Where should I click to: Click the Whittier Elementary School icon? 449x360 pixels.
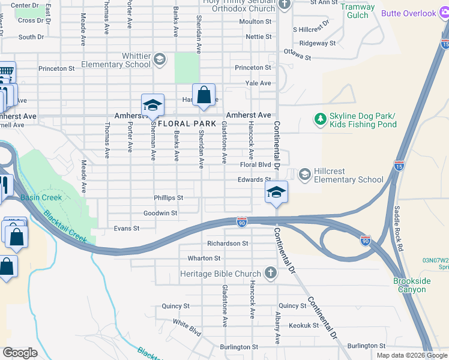(160, 59)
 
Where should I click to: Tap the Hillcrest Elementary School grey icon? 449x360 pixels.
(304, 174)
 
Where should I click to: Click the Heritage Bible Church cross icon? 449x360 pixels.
(271, 274)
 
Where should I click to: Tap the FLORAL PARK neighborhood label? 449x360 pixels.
(187, 124)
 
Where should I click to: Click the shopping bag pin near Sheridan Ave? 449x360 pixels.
(203, 95)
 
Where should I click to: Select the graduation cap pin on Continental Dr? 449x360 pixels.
(276, 193)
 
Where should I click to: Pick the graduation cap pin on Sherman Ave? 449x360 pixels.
(152, 106)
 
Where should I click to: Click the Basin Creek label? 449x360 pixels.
(41, 197)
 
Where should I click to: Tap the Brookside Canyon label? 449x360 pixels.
(409, 285)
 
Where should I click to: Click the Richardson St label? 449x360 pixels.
(228, 244)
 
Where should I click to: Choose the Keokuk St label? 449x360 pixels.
(303, 325)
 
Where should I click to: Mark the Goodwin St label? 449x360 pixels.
(160, 213)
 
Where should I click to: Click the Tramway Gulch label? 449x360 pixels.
(358, 11)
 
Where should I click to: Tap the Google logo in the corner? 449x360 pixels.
(19, 353)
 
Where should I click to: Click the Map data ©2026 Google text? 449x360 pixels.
(412, 355)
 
